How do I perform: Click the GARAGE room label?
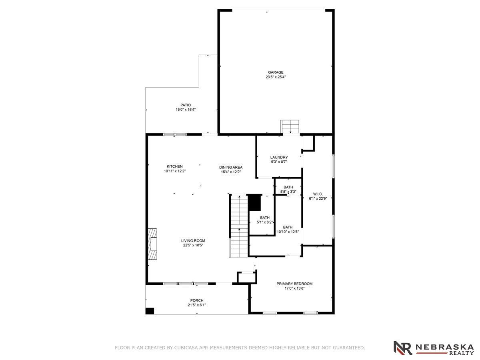click(276, 72)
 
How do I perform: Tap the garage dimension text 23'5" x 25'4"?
click(276, 77)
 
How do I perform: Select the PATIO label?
click(186, 105)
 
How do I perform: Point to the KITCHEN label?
click(174, 166)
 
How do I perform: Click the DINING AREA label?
click(231, 168)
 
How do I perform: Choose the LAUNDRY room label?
click(279, 157)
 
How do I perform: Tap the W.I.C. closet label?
click(318, 194)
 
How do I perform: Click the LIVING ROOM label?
click(193, 241)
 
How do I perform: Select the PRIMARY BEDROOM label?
click(294, 284)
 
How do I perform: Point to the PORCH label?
click(197, 300)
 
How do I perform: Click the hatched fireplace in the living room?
click(152, 244)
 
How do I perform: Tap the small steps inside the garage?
click(290, 127)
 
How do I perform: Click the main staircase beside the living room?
click(240, 226)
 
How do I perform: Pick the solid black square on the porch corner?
click(150, 311)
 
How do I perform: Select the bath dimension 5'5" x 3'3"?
click(288, 192)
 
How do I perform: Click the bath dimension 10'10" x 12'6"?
click(288, 232)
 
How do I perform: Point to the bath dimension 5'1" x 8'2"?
click(265, 222)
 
